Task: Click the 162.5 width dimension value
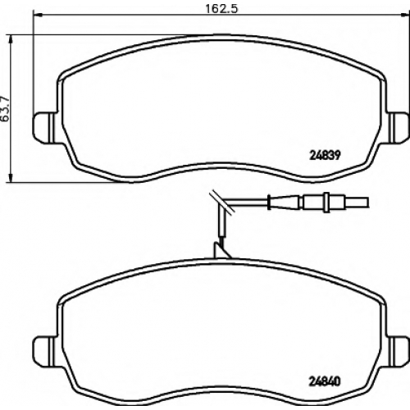point(221,8)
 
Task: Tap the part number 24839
point(326,156)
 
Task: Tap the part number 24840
point(325,381)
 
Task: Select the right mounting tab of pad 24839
point(397,127)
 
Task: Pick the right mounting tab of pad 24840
point(397,352)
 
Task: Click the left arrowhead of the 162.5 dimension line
point(38,15)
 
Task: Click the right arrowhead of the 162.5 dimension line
point(404,15)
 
